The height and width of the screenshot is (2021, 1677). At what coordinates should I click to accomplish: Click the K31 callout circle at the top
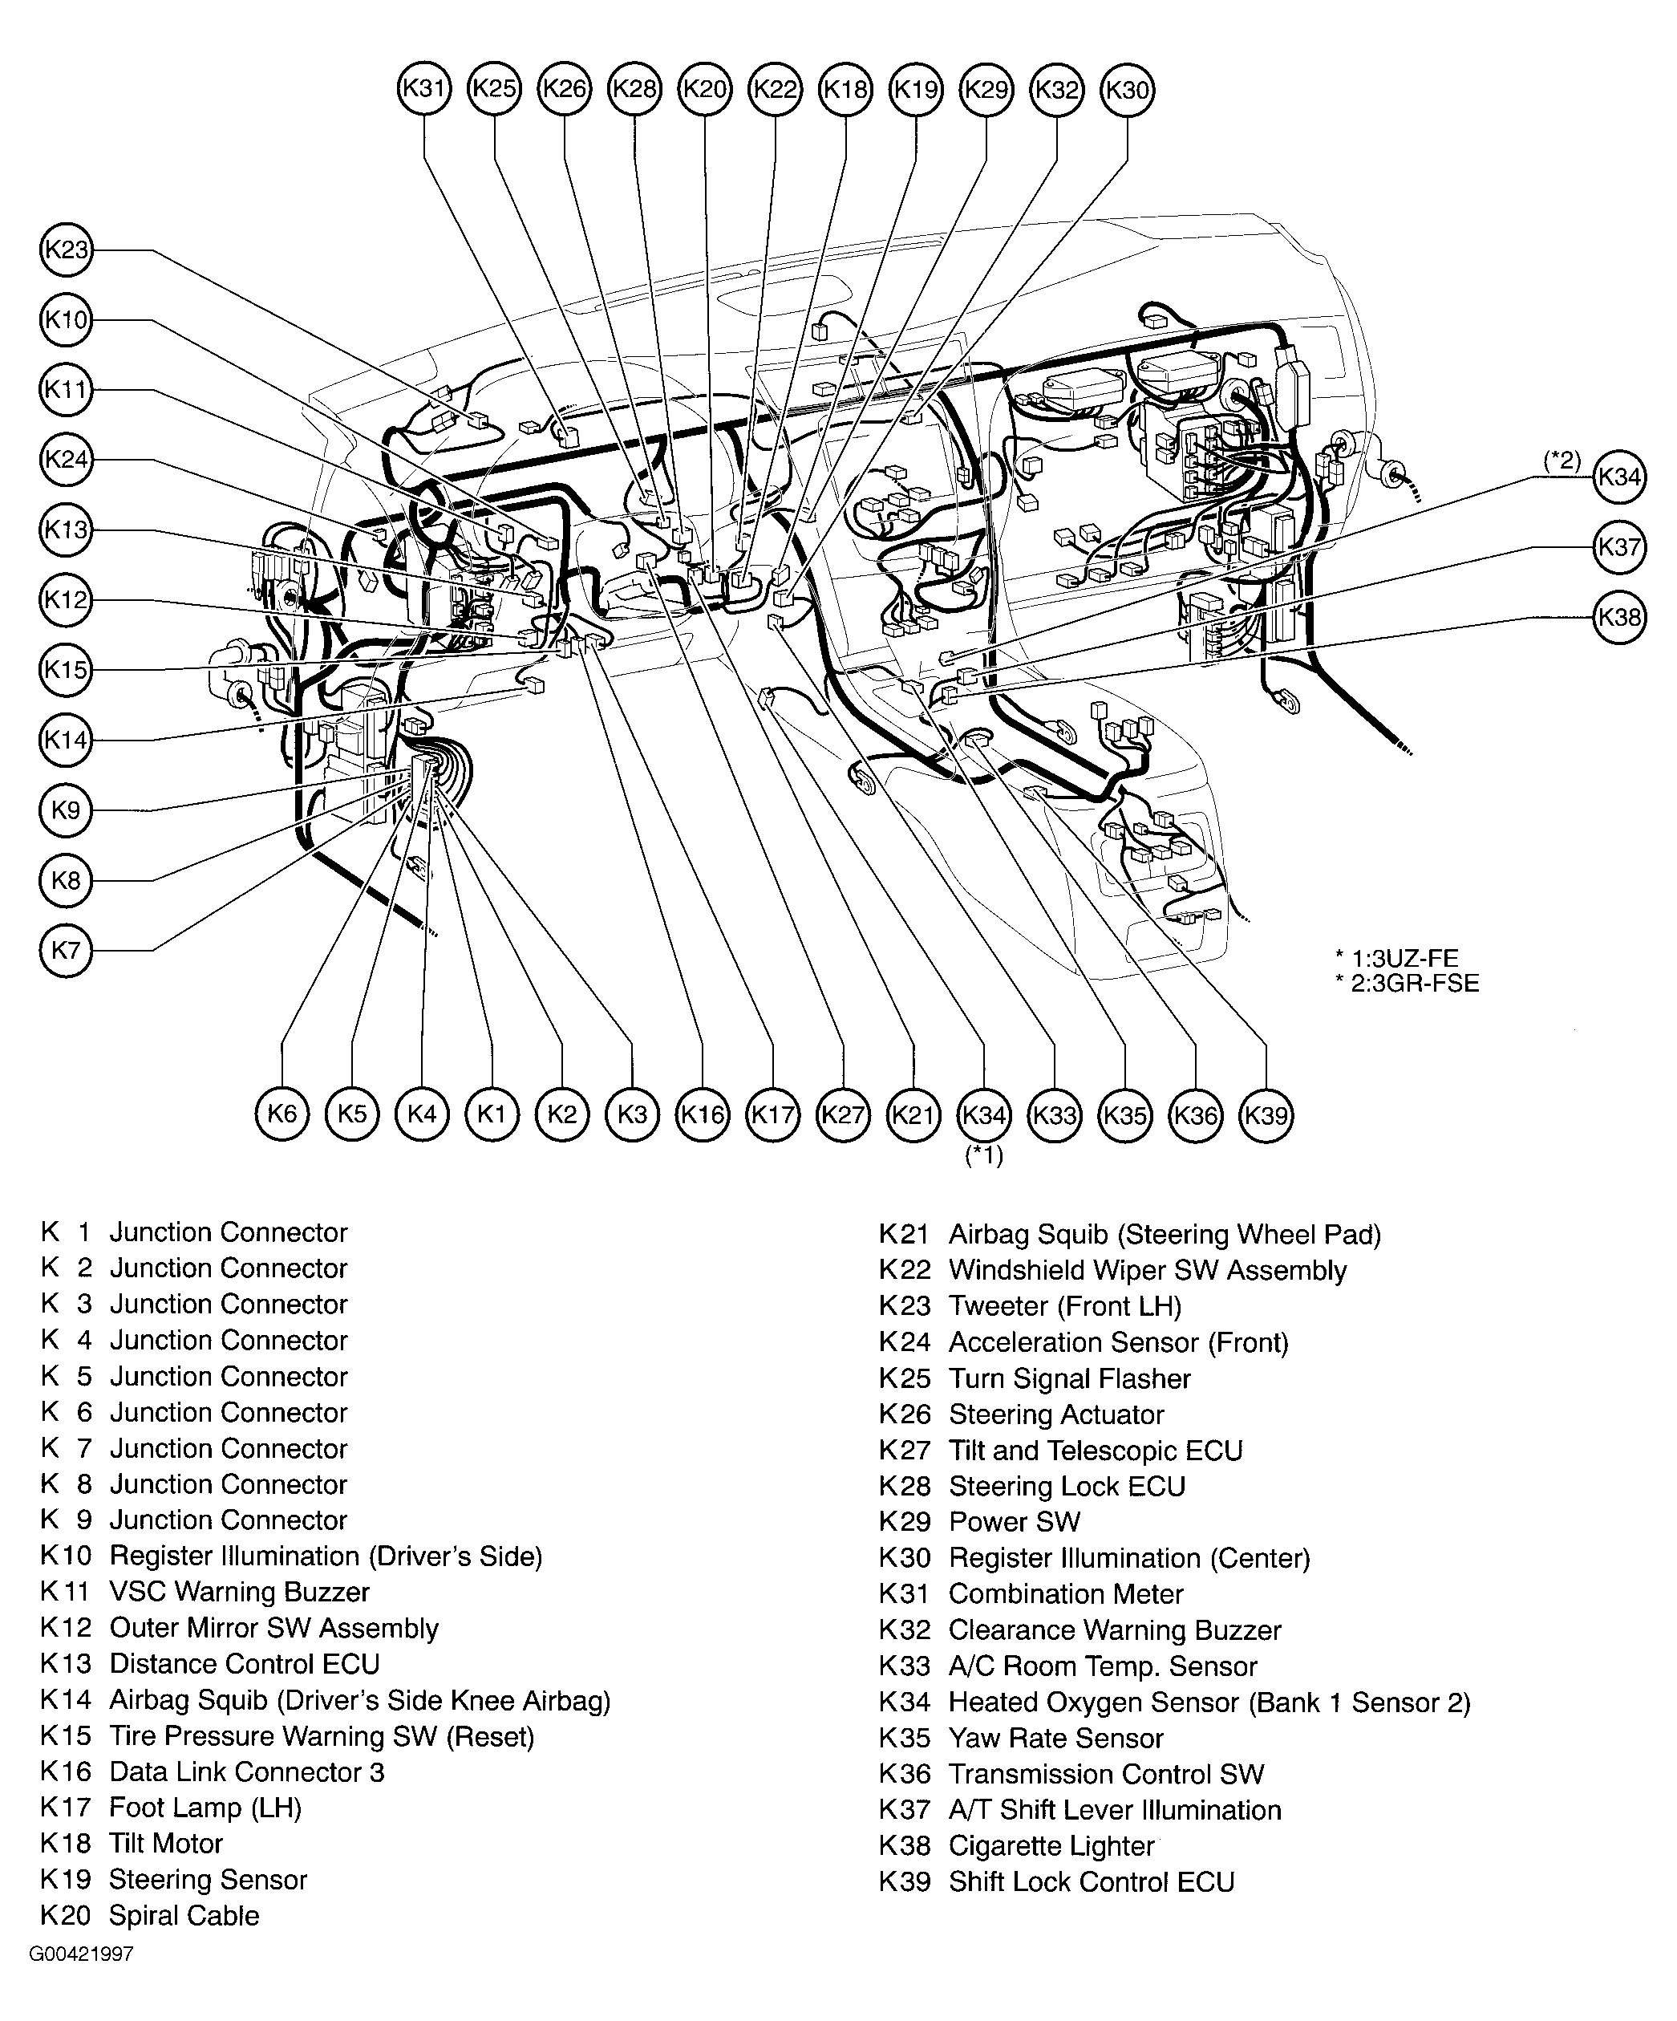point(424,90)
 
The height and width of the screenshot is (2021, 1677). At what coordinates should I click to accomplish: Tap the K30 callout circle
point(1127,90)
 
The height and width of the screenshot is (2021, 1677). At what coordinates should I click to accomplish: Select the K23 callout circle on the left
point(67,250)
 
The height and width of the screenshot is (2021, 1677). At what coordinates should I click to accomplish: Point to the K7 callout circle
point(67,951)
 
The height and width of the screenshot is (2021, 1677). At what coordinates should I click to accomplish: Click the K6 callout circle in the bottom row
point(282,1114)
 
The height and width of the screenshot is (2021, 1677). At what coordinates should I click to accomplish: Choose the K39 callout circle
point(1266,1114)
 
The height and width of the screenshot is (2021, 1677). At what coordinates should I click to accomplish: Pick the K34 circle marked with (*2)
point(1619,477)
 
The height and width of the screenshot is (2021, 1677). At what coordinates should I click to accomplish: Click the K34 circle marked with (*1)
point(984,1114)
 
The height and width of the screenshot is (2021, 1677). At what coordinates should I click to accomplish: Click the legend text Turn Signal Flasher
point(1069,1378)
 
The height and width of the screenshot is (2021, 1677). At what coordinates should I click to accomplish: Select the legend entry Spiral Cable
point(184,1915)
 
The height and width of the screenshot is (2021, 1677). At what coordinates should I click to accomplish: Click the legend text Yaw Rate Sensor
point(1055,1738)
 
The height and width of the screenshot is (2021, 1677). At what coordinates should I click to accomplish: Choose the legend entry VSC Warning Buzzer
point(240,1592)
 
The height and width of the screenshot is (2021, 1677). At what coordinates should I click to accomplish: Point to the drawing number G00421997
point(81,1954)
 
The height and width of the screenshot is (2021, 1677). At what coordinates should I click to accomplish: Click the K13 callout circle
point(67,530)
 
